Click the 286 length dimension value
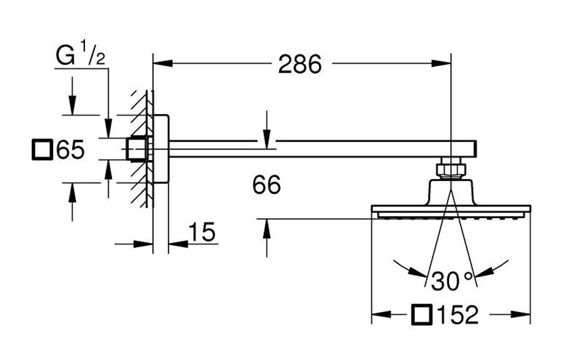(300, 65)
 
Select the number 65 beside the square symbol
(70, 150)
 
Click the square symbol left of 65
(42, 150)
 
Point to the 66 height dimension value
(267, 185)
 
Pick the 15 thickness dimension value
(202, 232)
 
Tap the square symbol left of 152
(421, 314)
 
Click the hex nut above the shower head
(451, 168)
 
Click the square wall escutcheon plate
(161, 148)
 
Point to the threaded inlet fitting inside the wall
(137, 148)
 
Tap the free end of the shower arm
(475, 148)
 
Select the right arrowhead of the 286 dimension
(441, 63)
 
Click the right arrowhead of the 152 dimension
(520, 314)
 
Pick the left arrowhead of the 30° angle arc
(418, 272)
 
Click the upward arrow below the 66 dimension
(267, 228)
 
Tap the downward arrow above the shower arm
(267, 139)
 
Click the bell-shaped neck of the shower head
(451, 192)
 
